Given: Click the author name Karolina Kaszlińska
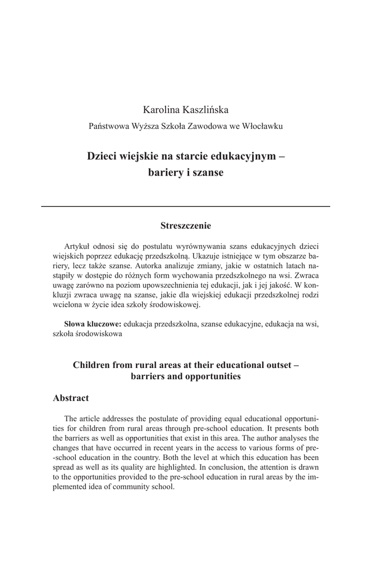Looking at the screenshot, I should point(186,110).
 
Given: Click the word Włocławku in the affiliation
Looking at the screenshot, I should point(262,127).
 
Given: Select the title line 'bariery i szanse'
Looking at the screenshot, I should point(186,173).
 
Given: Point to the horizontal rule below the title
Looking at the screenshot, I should point(186,206).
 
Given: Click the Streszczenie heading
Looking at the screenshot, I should point(186,226).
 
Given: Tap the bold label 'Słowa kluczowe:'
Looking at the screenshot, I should point(93,324).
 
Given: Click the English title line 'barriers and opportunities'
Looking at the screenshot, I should point(186,377).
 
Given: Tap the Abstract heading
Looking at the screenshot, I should point(71,398).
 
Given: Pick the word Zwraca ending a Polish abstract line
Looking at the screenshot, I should point(306,275).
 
